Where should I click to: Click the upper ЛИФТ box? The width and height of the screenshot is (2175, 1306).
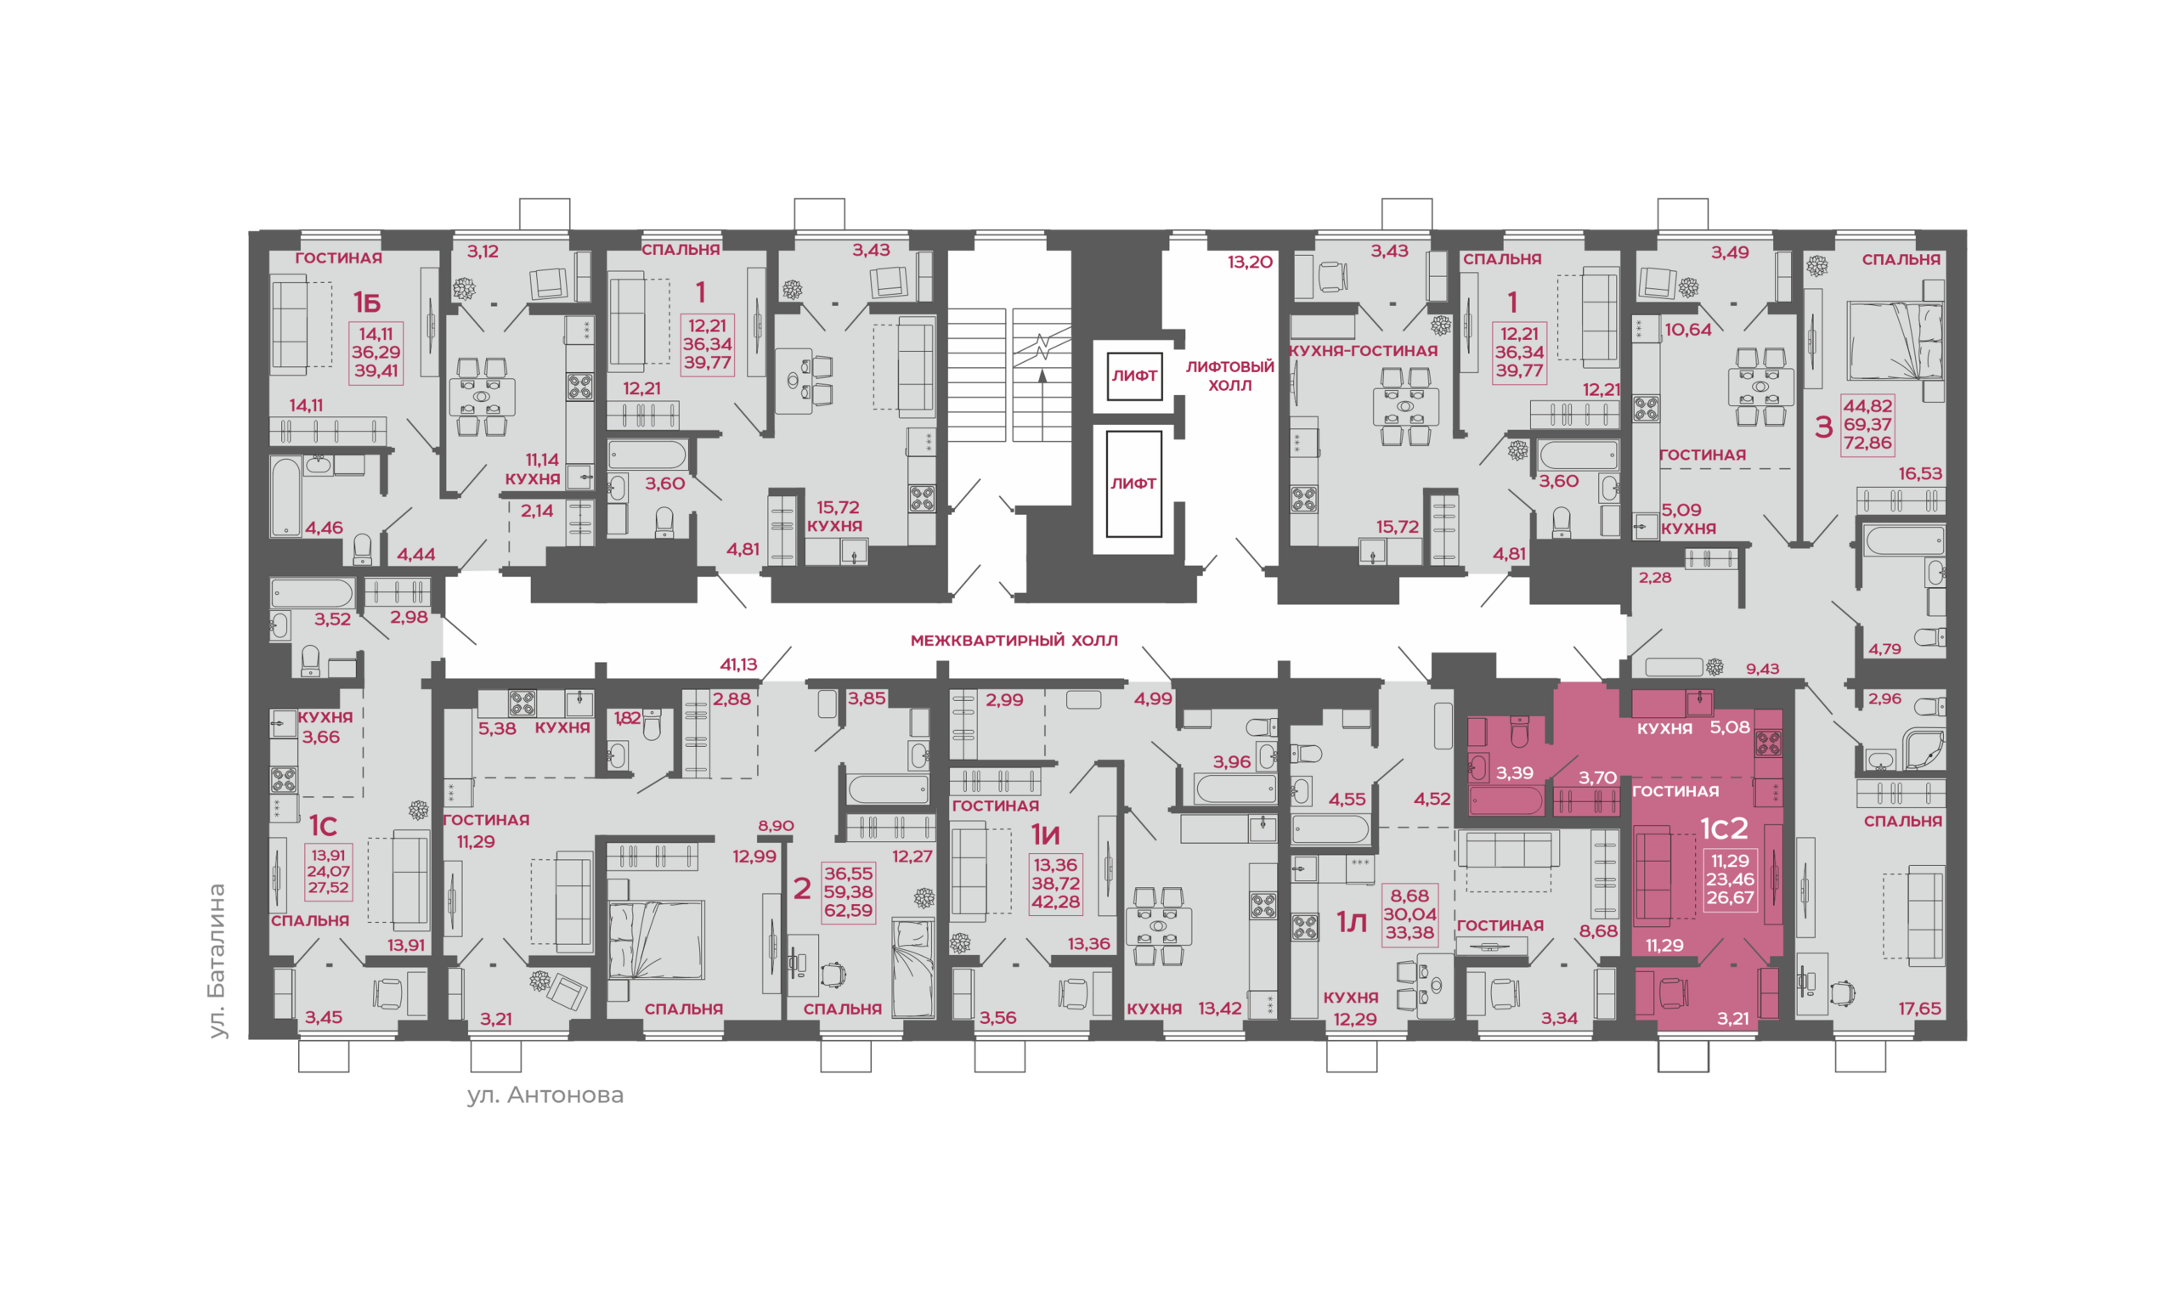pyautogui.click(x=1134, y=376)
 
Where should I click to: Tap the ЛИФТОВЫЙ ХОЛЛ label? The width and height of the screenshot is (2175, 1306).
pyautogui.click(x=1229, y=376)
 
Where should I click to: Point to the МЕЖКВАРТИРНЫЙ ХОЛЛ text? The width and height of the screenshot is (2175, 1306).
pyautogui.click(x=1014, y=641)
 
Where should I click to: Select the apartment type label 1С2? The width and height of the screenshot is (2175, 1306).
pyautogui.click(x=1724, y=829)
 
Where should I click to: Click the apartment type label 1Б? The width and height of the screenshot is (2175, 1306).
pyautogui.click(x=367, y=302)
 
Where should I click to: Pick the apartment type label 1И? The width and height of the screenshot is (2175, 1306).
pyautogui.click(x=1045, y=834)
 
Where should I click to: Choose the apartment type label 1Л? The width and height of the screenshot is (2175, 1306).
pyautogui.click(x=1352, y=922)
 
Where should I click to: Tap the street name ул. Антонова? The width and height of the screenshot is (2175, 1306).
pyautogui.click(x=545, y=1094)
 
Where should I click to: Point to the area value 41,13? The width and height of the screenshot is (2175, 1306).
pyautogui.click(x=738, y=664)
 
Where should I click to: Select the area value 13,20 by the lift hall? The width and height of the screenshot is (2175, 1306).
pyautogui.click(x=1251, y=262)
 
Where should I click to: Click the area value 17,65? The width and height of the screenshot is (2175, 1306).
pyautogui.click(x=1919, y=1009)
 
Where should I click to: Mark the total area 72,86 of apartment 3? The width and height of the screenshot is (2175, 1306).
pyautogui.click(x=1867, y=443)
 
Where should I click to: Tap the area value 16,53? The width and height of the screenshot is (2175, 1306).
pyautogui.click(x=1920, y=473)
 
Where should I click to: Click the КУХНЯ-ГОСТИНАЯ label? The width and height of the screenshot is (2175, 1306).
pyautogui.click(x=1363, y=350)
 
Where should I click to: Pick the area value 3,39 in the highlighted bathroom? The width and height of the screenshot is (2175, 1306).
pyautogui.click(x=1514, y=772)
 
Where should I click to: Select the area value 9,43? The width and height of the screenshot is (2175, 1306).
pyautogui.click(x=1762, y=669)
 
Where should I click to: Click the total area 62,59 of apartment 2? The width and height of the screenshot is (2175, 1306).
pyautogui.click(x=848, y=910)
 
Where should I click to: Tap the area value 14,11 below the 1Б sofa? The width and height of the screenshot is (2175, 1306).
pyautogui.click(x=306, y=405)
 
